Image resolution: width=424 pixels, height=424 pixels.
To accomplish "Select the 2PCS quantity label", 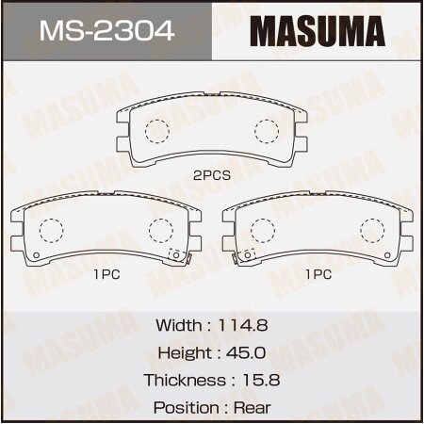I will click(x=212, y=174).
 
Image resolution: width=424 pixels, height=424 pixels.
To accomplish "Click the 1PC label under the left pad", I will click(x=106, y=275).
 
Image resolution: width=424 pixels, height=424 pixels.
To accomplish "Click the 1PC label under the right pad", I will click(x=318, y=275).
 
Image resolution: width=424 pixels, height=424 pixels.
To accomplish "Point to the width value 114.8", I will click(x=244, y=325).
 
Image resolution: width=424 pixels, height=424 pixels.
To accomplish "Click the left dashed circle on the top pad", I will click(x=157, y=130).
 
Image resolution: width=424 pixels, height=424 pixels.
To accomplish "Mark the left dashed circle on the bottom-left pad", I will click(x=53, y=230).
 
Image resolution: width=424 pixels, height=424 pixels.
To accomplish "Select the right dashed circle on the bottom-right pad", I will click(x=373, y=230).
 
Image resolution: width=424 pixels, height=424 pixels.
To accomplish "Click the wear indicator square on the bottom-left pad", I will click(x=174, y=254).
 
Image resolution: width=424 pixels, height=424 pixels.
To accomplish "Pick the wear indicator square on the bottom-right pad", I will click(x=249, y=254).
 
